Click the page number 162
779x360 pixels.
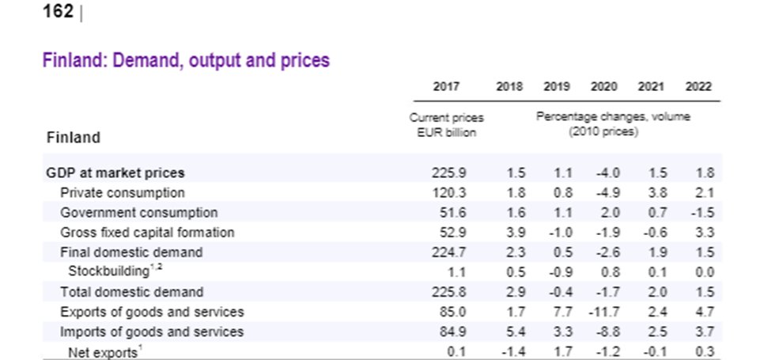(59, 12)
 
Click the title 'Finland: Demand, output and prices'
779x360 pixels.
(186, 60)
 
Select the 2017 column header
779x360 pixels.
(446, 86)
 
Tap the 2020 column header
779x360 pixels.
(604, 86)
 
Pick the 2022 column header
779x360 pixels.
(698, 86)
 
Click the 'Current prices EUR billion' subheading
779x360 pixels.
(446, 125)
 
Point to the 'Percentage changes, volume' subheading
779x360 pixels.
(613, 117)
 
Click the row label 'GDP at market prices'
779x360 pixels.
(115, 172)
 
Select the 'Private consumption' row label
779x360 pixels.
(123, 192)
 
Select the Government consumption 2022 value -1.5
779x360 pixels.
(701, 212)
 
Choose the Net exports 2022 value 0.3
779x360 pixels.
(704, 351)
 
